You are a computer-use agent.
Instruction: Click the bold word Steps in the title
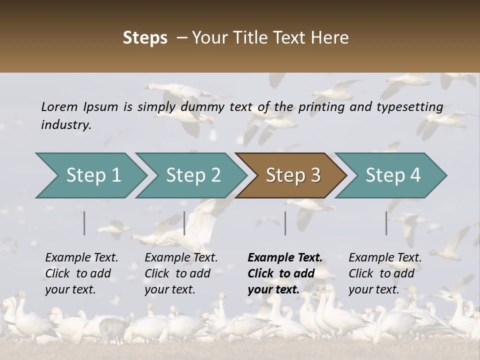click(x=145, y=38)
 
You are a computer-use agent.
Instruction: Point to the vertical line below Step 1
click(x=84, y=223)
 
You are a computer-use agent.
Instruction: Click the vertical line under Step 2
click(x=184, y=223)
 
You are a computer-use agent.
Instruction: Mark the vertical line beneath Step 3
click(x=285, y=223)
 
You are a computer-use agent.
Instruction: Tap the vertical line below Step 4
click(x=386, y=223)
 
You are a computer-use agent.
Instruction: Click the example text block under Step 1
click(x=81, y=273)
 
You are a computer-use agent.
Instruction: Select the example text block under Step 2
click(x=181, y=273)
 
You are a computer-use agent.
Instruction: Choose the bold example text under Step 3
click(x=284, y=273)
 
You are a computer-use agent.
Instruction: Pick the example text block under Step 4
click(x=385, y=273)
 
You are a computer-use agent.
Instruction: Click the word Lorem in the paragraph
click(x=59, y=106)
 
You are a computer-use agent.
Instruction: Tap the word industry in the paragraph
click(x=65, y=125)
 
